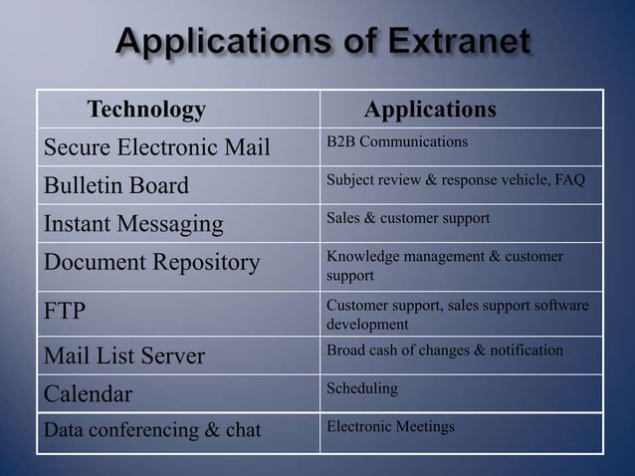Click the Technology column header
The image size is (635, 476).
click(146, 109)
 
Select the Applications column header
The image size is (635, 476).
click(430, 109)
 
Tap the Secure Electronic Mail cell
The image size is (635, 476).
click(156, 148)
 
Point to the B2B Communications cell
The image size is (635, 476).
click(397, 142)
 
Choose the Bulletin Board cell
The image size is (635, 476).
click(115, 186)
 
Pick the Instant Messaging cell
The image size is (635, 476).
click(132, 224)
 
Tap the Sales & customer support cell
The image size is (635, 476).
click(408, 218)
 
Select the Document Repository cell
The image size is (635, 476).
click(150, 263)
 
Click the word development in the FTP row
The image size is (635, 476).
click(367, 325)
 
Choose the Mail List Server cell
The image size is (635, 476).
click(122, 356)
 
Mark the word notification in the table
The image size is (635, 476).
click(529, 350)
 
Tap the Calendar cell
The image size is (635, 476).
click(88, 394)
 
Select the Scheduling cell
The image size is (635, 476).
click(362, 388)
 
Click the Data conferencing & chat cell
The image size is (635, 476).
click(151, 431)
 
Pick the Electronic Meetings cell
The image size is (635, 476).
click(390, 426)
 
